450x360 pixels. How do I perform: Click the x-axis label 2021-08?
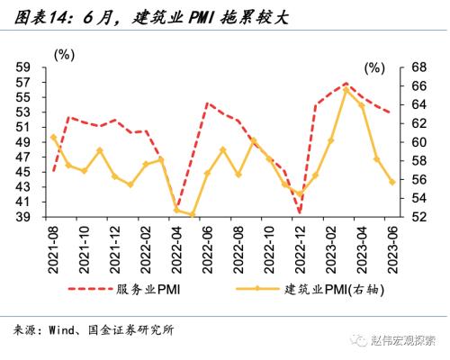pos(55,245)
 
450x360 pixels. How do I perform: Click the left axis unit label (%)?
pos(65,55)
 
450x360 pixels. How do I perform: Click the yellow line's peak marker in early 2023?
pos(346,89)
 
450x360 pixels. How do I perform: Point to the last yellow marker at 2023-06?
pos(392,181)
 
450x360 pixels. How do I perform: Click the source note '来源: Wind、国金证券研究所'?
pos(94,330)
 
